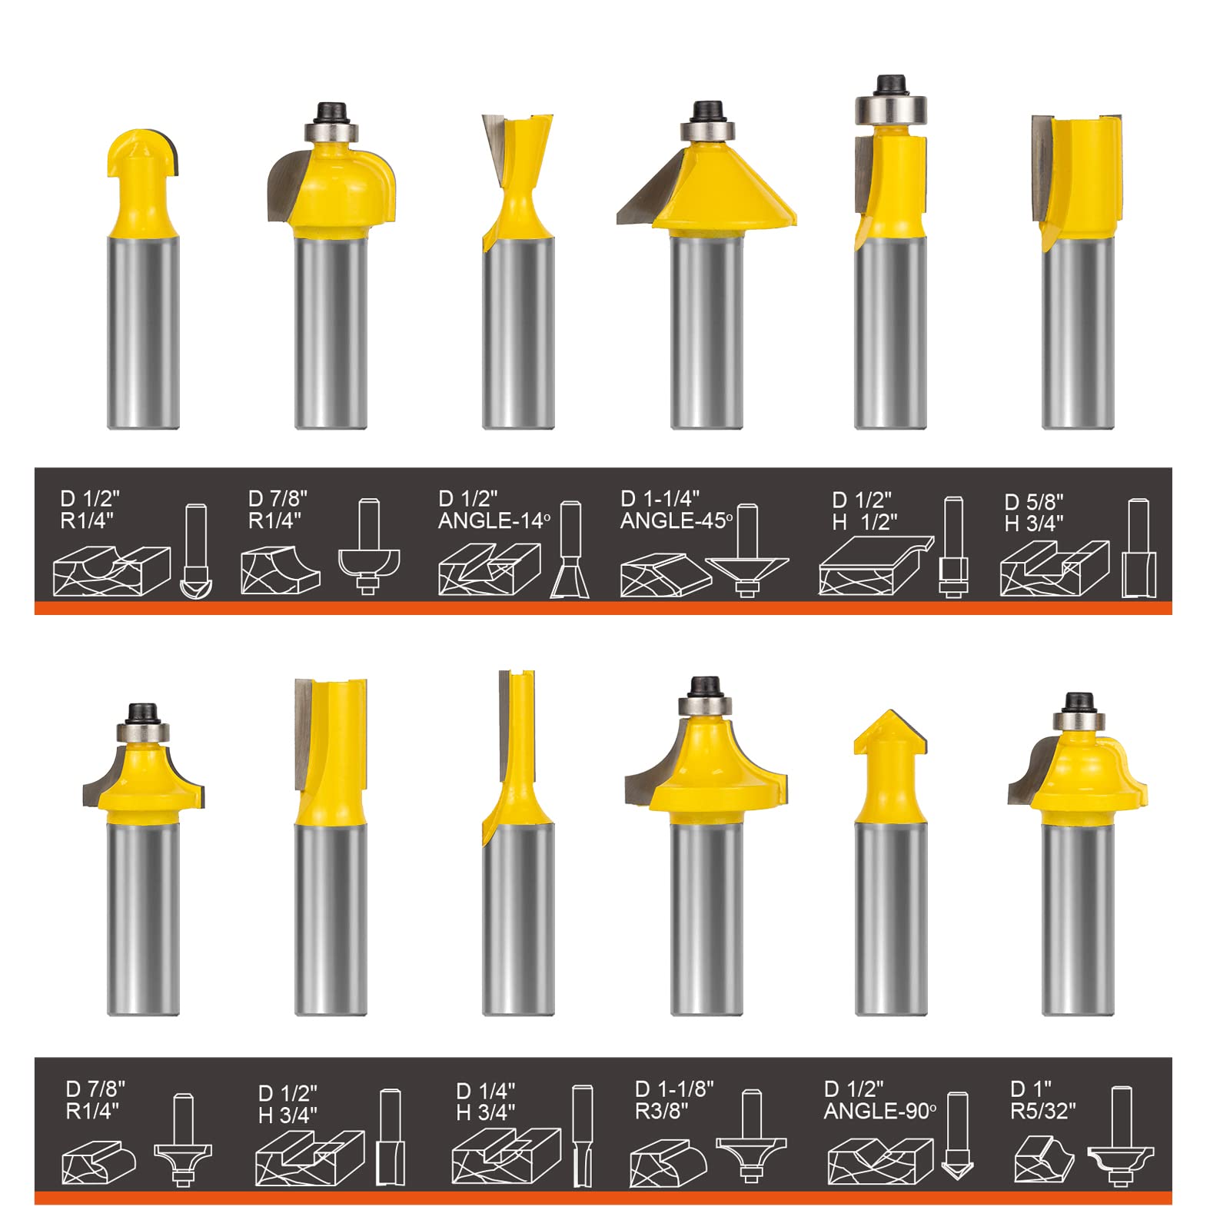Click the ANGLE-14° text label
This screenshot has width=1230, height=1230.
click(494, 521)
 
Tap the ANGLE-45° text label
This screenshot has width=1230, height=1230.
click(676, 521)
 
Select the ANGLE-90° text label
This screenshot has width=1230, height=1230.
click(879, 1112)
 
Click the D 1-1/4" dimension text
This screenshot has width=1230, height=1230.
click(660, 499)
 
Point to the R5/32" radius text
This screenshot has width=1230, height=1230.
click(1042, 1112)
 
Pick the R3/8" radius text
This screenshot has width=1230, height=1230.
click(661, 1112)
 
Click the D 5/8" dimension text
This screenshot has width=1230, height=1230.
click(1034, 502)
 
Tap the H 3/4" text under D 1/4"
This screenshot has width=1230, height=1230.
click(485, 1113)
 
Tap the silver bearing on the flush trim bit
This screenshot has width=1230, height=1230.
click(890, 108)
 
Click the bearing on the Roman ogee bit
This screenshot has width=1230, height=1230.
click(1078, 720)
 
